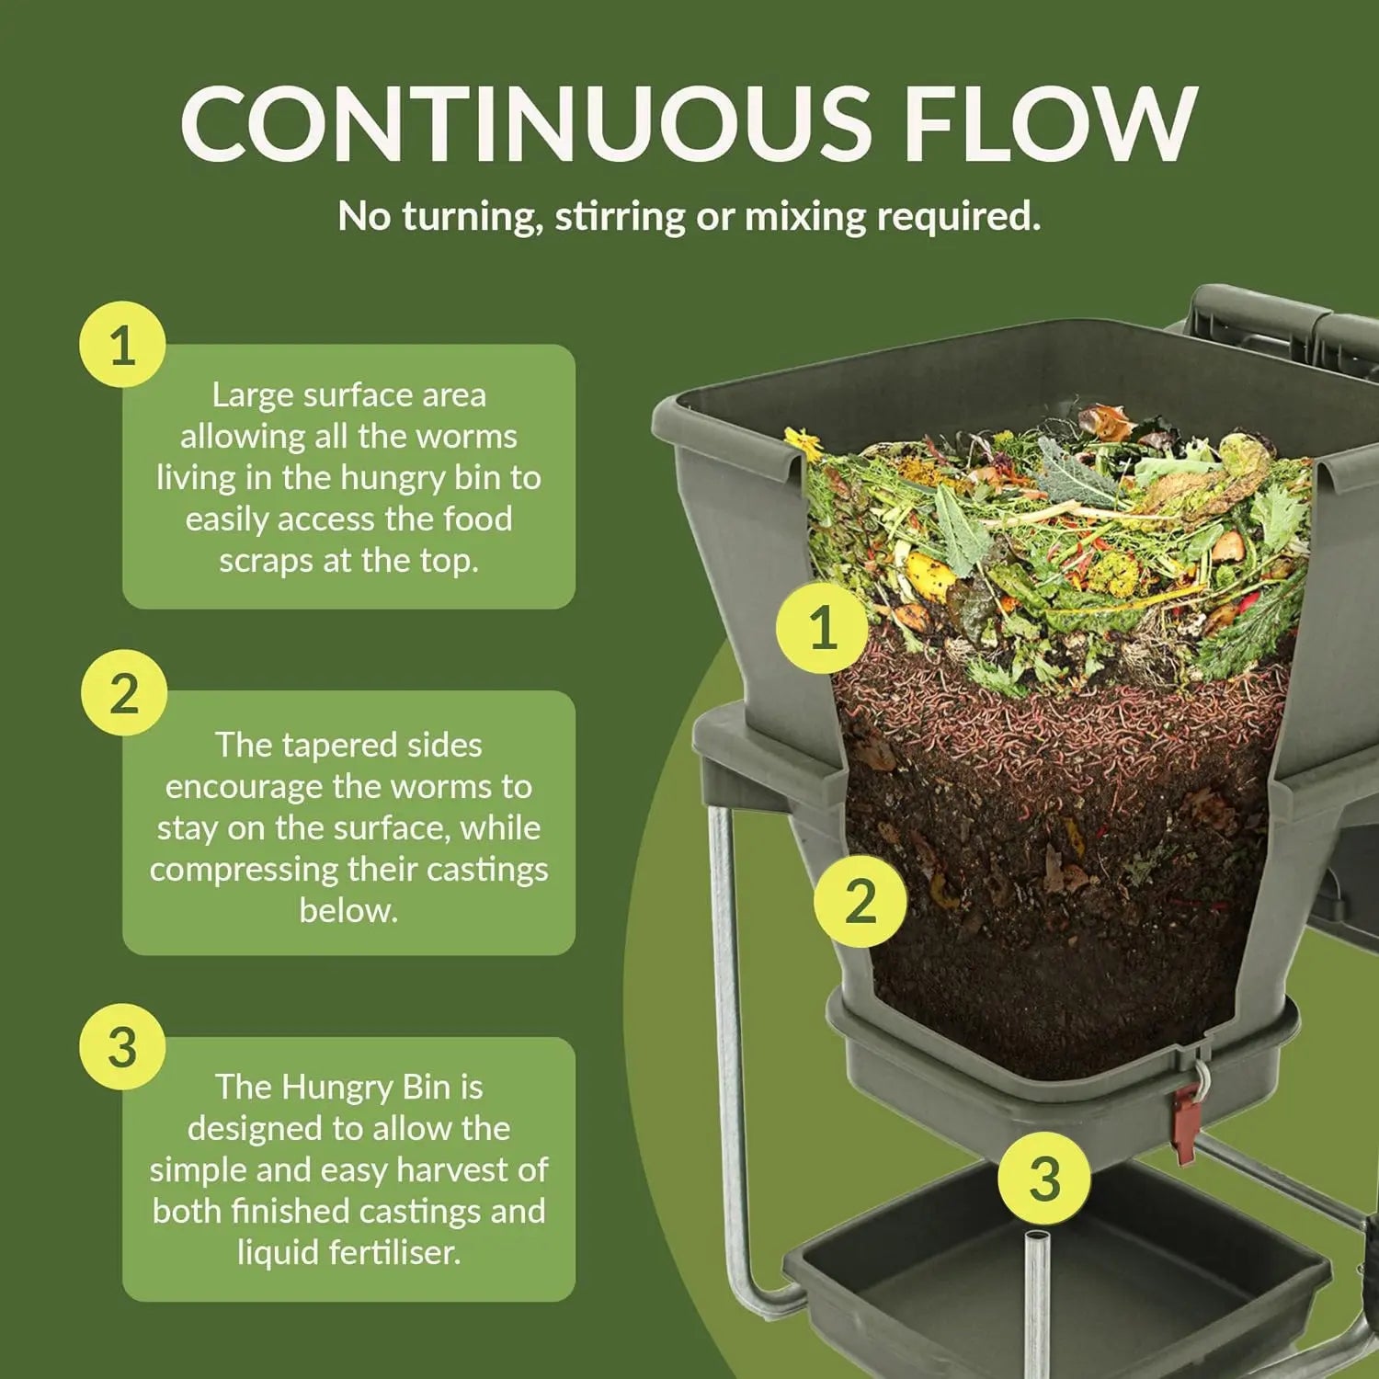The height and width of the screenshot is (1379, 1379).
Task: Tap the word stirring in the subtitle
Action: (x=620, y=217)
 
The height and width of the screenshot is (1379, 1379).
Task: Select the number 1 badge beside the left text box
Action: (x=122, y=346)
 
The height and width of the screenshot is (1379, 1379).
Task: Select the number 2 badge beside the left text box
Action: (x=123, y=692)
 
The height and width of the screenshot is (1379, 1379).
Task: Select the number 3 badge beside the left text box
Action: (x=122, y=1047)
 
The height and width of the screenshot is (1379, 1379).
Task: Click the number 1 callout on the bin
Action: (x=822, y=628)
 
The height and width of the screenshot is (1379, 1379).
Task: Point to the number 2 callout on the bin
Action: (x=860, y=900)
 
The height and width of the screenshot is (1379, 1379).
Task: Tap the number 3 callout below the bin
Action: (x=1043, y=1178)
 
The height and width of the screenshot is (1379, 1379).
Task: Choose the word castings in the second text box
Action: (x=486, y=870)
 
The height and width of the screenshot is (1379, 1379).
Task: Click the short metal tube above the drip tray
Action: (x=1036, y=1287)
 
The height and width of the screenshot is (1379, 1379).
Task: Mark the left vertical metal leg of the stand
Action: (x=726, y=1011)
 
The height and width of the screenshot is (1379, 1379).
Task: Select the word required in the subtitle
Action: (x=958, y=217)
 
